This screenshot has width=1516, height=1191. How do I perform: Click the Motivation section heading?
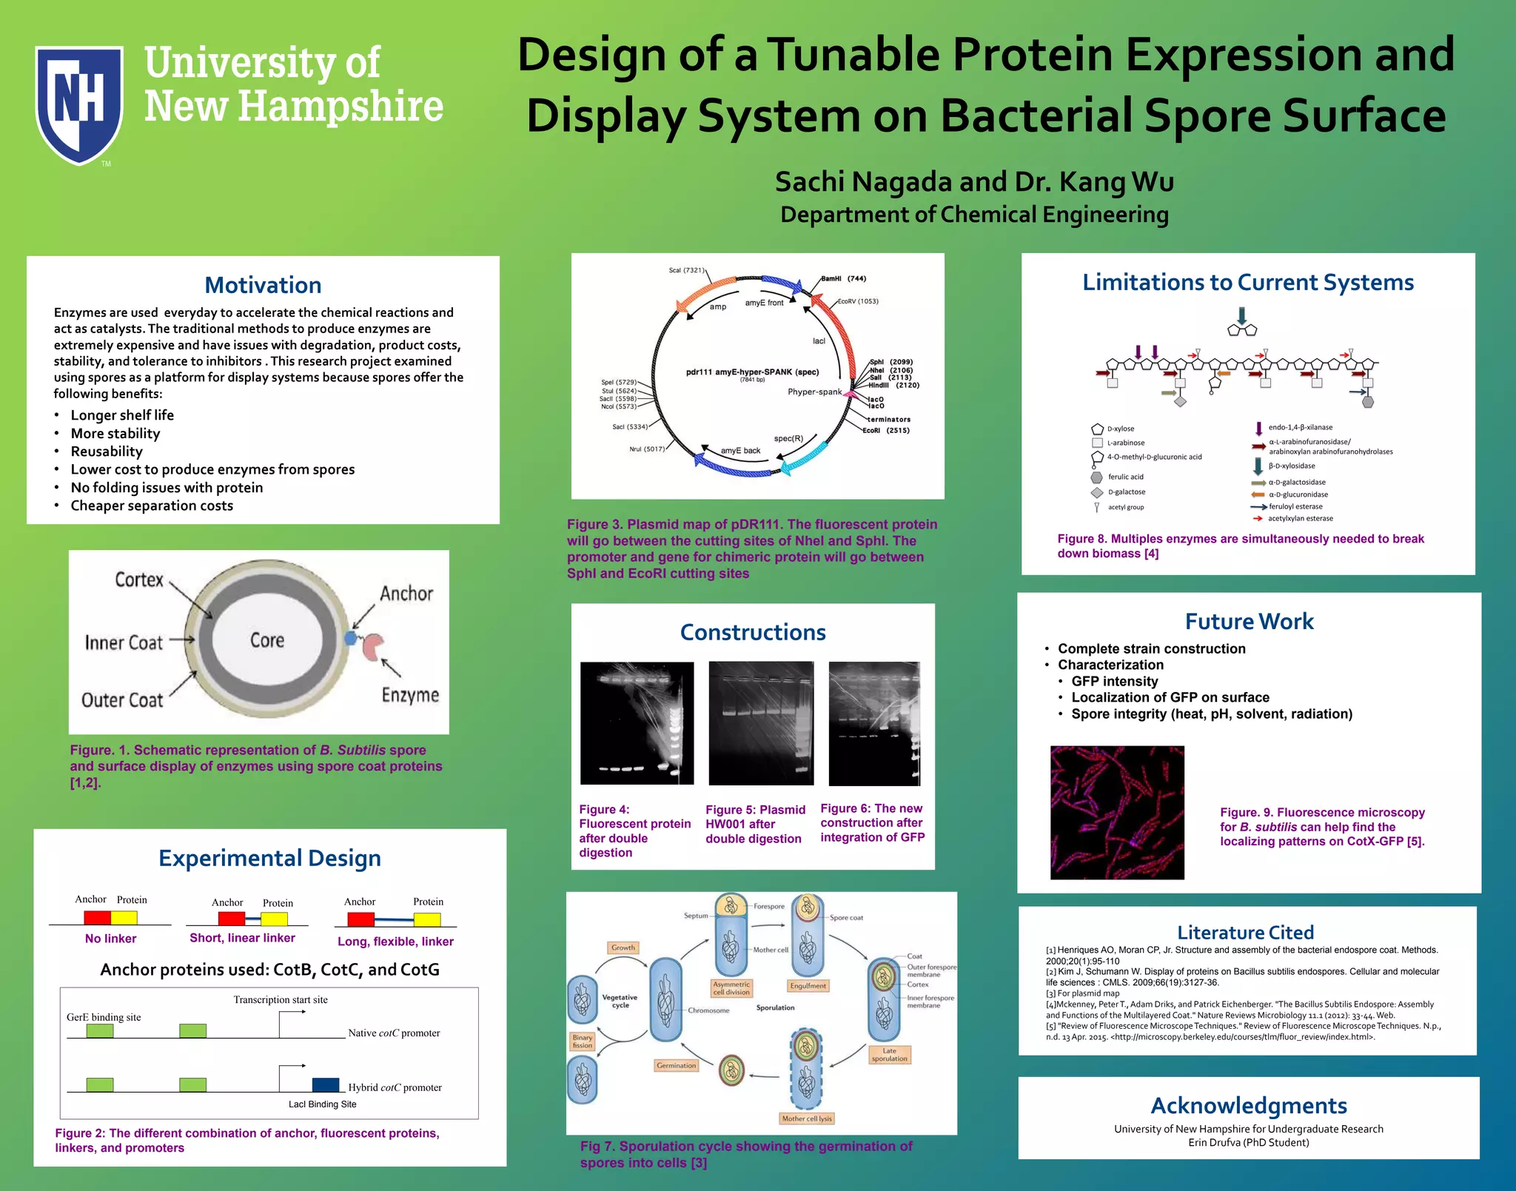263,286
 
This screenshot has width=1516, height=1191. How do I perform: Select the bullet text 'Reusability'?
107,452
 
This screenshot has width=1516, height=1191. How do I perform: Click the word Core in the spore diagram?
267,640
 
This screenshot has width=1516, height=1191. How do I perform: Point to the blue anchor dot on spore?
350,638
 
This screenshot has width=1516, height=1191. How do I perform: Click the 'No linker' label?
110,939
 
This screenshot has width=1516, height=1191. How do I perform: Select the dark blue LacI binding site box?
326,1084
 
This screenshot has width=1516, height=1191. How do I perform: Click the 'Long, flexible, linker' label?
395,942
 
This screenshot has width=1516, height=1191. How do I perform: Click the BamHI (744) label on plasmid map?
843,279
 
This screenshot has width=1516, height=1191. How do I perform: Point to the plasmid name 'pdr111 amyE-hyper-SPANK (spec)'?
752,372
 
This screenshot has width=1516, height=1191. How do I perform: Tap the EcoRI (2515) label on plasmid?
886,431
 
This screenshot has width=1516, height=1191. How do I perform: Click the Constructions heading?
753,633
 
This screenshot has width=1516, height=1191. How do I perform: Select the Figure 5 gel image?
761,723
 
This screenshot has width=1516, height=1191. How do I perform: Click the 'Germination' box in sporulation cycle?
676,1066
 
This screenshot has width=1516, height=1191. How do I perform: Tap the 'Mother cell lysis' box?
807,1118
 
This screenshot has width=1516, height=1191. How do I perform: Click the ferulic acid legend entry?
1125,477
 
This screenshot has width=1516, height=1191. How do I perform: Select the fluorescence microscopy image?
1117,813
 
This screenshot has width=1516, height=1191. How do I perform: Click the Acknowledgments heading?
1249,1106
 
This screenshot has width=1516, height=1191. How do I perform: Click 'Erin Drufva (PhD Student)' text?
1249,1143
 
